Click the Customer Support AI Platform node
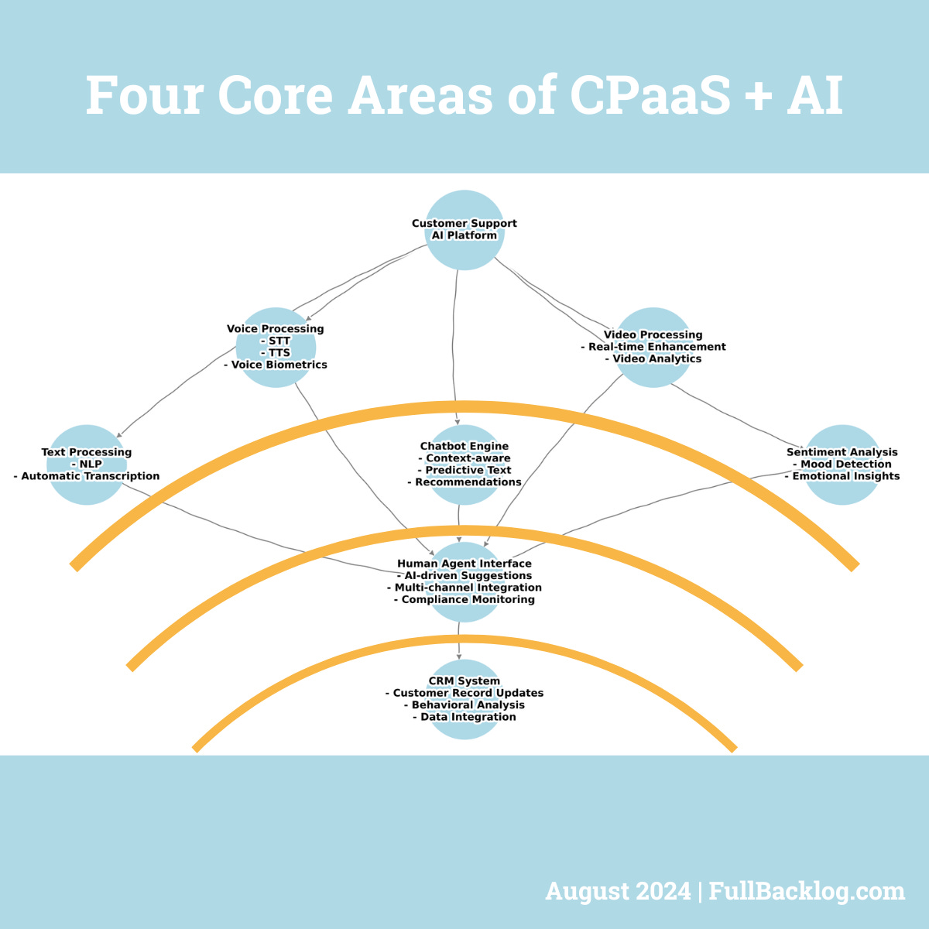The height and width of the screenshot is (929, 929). click(464, 230)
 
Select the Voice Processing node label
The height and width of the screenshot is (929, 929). click(276, 329)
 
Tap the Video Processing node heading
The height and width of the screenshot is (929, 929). click(653, 335)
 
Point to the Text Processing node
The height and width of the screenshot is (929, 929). click(87, 464)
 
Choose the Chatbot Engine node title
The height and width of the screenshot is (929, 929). click(464, 446)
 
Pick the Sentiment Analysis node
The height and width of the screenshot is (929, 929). click(842, 464)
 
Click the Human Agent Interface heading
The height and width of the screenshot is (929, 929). click(464, 564)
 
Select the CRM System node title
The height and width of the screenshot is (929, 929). click(464, 681)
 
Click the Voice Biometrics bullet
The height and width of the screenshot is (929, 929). click(276, 365)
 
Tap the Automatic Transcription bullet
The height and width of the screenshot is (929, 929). click(87, 476)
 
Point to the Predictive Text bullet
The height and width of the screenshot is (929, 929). click(465, 470)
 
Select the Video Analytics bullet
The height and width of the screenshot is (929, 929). click(654, 358)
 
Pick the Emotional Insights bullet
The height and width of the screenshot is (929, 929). click(843, 476)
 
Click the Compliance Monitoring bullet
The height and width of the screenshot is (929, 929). click(465, 599)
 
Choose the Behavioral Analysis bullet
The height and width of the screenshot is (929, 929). click(465, 705)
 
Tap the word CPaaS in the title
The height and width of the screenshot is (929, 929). click(650, 96)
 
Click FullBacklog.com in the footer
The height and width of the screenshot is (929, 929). click(807, 891)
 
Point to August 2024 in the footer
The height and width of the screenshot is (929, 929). click(618, 891)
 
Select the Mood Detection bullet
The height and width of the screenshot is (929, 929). click(843, 464)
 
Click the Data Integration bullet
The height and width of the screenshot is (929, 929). click(465, 717)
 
